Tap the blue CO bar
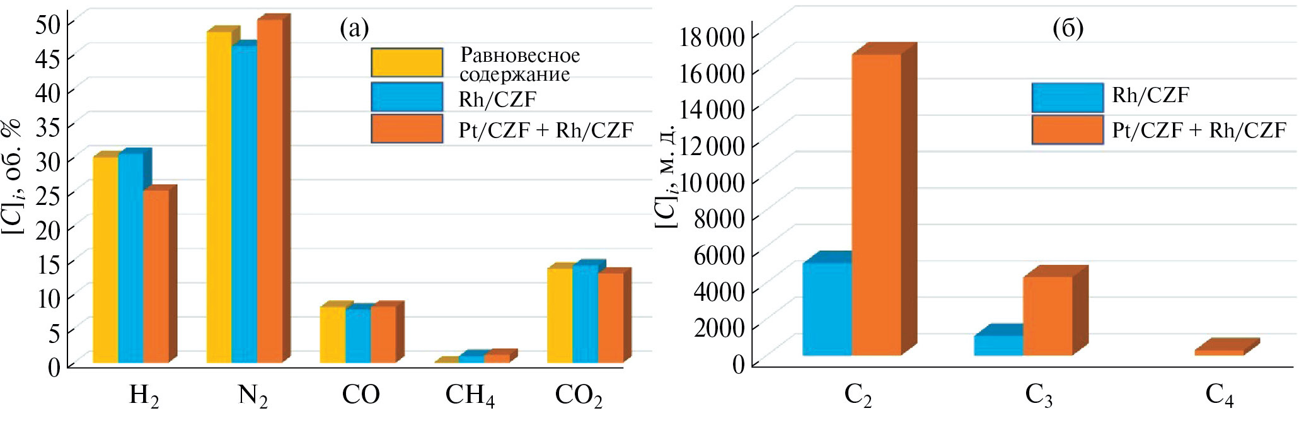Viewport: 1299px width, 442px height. tap(357, 335)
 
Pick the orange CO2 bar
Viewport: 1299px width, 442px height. tap(610, 318)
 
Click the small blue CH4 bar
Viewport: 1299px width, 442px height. tap(471, 359)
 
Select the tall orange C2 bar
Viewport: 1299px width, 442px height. tap(876, 205)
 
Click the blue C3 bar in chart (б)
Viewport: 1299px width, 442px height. tap(998, 346)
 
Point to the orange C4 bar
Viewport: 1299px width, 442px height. tap(1219, 352)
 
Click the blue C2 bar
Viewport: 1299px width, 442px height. tap(826, 309)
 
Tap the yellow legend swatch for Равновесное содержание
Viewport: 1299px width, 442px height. tap(407, 62)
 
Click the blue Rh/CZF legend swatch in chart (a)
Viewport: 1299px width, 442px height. tap(407, 97)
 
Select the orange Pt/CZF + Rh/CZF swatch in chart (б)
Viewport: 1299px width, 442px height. tap(1067, 130)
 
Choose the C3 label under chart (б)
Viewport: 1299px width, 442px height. tap(1038, 396)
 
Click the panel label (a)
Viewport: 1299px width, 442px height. tap(354, 28)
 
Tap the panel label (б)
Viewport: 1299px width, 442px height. tap(1068, 28)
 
